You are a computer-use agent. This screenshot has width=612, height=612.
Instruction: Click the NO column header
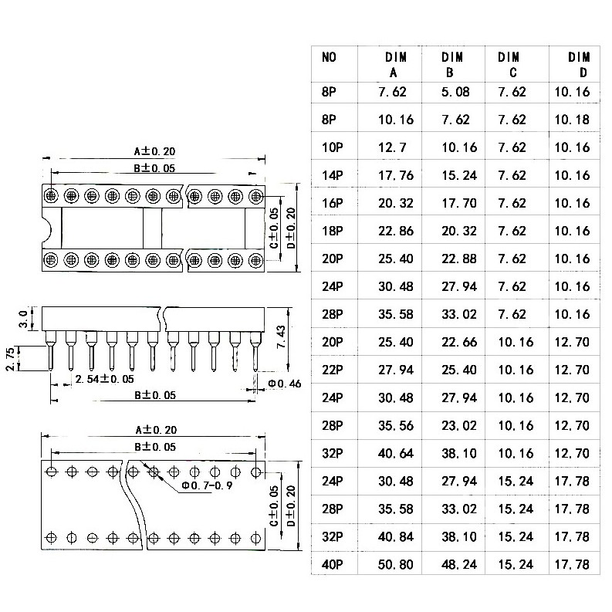click(329, 57)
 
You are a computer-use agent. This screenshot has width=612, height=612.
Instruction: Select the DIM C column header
click(509, 65)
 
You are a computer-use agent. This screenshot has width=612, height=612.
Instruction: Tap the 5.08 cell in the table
click(455, 92)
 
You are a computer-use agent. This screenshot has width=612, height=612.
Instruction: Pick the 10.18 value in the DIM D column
click(572, 120)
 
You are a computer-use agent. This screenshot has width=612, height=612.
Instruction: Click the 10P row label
click(332, 147)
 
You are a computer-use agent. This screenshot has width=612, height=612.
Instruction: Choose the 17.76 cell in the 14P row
click(396, 175)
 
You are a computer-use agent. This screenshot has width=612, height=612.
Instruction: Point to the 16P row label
click(332, 203)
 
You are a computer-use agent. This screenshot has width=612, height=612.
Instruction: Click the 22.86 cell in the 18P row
click(396, 231)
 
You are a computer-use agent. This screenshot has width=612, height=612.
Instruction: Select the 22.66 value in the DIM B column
click(459, 342)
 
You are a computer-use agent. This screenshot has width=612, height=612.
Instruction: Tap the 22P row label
click(332, 370)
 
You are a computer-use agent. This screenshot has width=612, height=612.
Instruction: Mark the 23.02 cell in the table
click(459, 425)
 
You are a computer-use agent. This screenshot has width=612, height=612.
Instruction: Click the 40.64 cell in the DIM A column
click(396, 453)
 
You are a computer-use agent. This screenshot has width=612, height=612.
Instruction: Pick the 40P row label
click(332, 564)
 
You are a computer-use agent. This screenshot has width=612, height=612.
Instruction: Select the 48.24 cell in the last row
click(459, 564)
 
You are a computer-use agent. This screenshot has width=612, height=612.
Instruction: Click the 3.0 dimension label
click(24, 319)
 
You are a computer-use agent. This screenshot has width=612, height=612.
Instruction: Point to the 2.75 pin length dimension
click(11, 358)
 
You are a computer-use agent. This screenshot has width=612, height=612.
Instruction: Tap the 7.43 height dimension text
click(281, 336)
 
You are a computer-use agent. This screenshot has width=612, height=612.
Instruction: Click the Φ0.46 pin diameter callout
click(285, 384)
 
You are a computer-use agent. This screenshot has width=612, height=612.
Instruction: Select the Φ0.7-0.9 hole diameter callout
click(208, 485)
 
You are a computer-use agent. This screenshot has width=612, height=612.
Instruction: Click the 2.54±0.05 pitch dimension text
click(105, 379)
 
